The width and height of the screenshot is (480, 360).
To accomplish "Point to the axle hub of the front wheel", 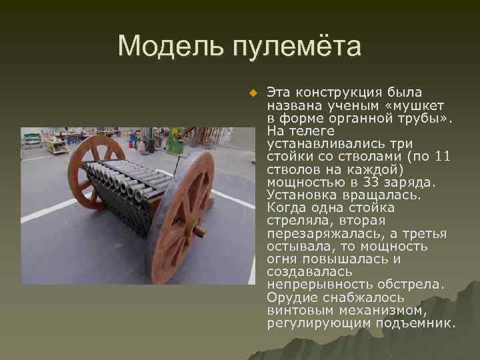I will pos(197,231).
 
